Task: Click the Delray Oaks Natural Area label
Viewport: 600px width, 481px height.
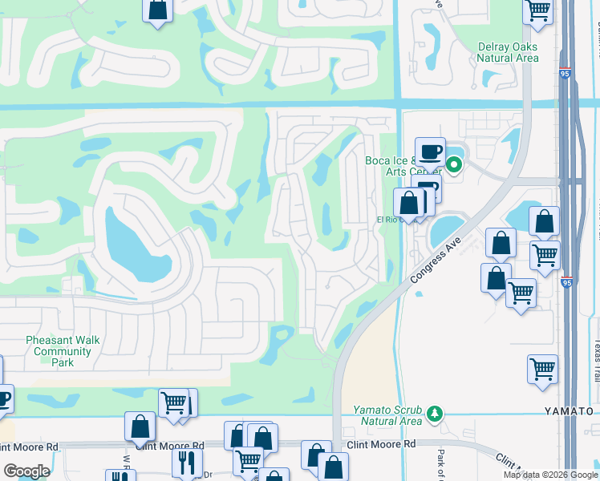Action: (x=507, y=52)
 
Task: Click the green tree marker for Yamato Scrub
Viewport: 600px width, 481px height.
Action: (x=435, y=414)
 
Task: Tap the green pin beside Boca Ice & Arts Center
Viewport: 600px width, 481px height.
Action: (x=453, y=166)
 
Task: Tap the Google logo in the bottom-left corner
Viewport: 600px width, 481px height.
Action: (x=26, y=471)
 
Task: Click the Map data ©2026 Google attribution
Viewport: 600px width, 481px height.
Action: (x=549, y=475)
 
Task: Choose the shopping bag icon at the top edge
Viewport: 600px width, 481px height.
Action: (x=158, y=10)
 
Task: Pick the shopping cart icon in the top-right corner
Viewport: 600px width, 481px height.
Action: (x=537, y=10)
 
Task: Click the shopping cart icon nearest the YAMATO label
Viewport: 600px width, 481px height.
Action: (x=543, y=370)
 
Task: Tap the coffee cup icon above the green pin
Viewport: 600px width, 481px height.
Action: (x=430, y=151)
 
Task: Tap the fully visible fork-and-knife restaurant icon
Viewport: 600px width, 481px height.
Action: (x=187, y=462)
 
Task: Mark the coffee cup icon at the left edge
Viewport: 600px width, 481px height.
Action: (x=3, y=398)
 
